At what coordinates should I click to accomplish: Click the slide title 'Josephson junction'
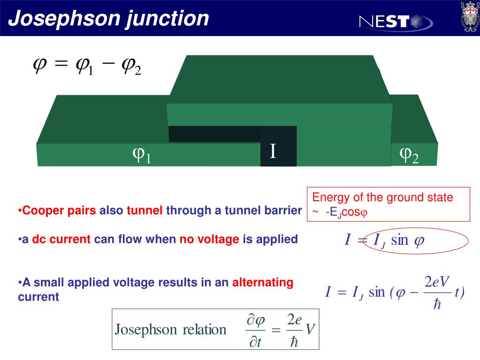[x=109, y=19]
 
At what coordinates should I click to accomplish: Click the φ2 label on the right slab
[x=408, y=155]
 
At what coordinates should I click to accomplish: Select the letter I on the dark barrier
[x=273, y=151]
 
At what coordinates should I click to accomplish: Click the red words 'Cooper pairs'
[x=59, y=211]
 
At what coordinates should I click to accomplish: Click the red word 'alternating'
[x=262, y=283]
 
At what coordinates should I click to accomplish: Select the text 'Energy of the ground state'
[x=383, y=197]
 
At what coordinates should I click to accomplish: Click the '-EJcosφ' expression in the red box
[x=347, y=212]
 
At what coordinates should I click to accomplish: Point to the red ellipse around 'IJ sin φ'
[x=414, y=241]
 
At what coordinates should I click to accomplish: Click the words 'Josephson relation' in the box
[x=171, y=330]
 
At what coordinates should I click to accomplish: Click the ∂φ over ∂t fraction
[x=255, y=330]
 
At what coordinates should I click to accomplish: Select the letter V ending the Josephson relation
[x=310, y=330]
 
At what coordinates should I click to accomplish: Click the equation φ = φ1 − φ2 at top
[x=87, y=67]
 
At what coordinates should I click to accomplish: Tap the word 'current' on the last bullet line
[x=38, y=297]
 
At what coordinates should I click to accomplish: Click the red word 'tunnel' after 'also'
[x=144, y=211]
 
